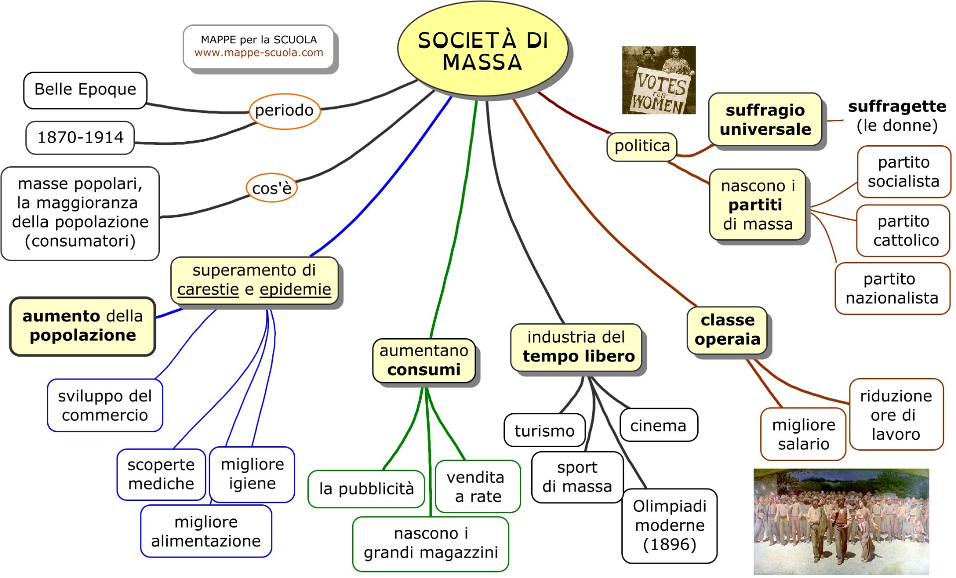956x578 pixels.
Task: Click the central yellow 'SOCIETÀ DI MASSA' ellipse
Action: coord(482,51)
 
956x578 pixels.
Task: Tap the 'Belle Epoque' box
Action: coord(85,90)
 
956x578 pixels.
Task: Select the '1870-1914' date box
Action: coord(80,137)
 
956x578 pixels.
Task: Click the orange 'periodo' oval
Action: coord(284,110)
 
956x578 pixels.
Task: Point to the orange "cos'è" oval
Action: coord(271,188)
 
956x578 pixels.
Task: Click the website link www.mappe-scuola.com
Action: coord(258,53)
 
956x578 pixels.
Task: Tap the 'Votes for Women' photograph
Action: coord(658,80)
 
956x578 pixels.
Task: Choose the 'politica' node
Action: coord(642,146)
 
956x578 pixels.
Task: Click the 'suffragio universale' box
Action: coord(765,120)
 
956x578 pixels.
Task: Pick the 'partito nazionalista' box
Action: coord(892,289)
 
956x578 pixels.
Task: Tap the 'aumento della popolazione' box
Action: coord(83,326)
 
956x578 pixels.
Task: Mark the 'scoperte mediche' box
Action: coord(161,474)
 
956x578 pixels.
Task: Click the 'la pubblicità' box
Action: coord(366,489)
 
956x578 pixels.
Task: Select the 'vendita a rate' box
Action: coord(478,486)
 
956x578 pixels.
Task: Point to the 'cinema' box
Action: coord(658,426)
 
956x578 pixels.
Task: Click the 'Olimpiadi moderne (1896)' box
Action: coord(669,526)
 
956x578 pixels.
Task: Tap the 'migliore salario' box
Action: coord(803,434)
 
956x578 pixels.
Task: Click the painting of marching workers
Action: coord(841,521)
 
